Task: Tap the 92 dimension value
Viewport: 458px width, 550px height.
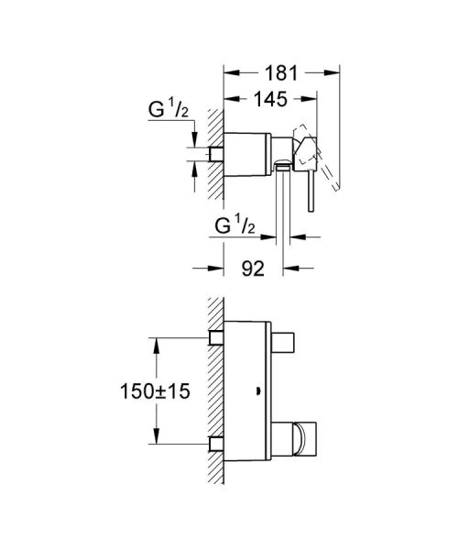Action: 254,269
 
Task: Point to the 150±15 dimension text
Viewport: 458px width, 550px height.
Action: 154,391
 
